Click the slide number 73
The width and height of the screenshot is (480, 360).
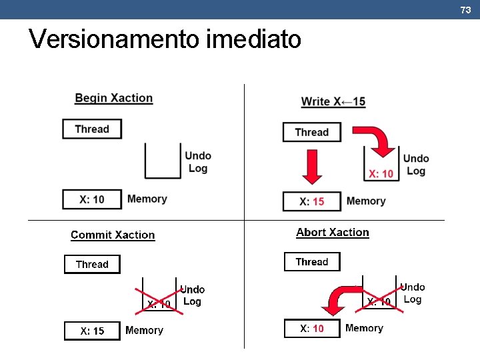(465, 9)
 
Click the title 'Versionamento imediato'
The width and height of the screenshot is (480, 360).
(165, 40)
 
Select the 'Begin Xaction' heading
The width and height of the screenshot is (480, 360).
(113, 98)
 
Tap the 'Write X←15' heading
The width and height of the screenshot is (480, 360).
(333, 101)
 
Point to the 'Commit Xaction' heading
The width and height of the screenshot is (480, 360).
(113, 235)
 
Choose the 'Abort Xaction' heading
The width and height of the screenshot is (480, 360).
(332, 232)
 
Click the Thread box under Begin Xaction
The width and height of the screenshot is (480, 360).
(92, 129)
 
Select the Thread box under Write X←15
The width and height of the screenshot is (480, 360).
(312, 132)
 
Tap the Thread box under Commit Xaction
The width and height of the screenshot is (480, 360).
(92, 264)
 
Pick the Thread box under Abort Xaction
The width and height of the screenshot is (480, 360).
(312, 261)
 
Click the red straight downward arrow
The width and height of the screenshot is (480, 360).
(312, 167)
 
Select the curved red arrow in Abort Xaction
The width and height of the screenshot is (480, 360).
(341, 300)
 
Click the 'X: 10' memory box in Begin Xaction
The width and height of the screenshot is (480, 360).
(92, 199)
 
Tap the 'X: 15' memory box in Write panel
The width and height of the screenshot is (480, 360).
(312, 201)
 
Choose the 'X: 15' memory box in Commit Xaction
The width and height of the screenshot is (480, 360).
(92, 331)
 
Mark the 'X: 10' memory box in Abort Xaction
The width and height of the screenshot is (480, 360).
(312, 328)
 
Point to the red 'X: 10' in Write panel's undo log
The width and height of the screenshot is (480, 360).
(381, 174)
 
